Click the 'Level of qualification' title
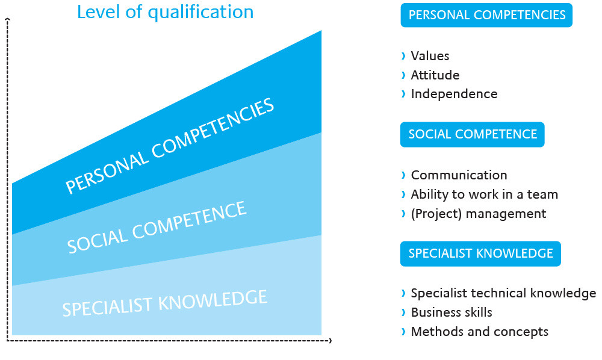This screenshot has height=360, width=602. click(x=165, y=12)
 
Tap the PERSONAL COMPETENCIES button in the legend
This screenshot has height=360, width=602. click(x=486, y=15)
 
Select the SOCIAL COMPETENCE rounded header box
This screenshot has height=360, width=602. click(x=472, y=134)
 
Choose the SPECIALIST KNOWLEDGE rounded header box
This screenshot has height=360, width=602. click(x=480, y=253)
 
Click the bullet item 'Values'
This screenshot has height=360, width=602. click(x=430, y=56)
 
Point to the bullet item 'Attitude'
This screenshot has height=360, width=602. click(x=435, y=75)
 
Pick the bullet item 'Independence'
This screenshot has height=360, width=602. click(x=454, y=94)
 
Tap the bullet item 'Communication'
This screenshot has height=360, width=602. click(x=459, y=175)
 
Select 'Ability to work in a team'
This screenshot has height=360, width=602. click(x=484, y=194)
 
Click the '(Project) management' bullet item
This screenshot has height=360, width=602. click(x=479, y=213)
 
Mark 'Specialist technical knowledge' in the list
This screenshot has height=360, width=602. click(x=503, y=293)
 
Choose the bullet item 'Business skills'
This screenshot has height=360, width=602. click(x=451, y=312)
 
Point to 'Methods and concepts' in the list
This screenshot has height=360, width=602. click(x=480, y=332)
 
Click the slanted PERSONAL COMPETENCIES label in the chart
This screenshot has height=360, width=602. click(x=170, y=146)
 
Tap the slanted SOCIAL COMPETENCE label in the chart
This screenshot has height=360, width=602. click(x=157, y=227)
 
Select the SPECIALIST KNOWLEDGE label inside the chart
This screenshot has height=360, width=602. click(x=165, y=303)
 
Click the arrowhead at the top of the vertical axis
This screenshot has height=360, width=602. click(x=7, y=19)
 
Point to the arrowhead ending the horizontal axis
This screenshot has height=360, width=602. click(x=330, y=340)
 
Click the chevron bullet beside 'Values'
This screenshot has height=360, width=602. click(x=403, y=56)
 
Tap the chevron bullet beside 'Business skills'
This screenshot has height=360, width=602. click(x=403, y=312)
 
